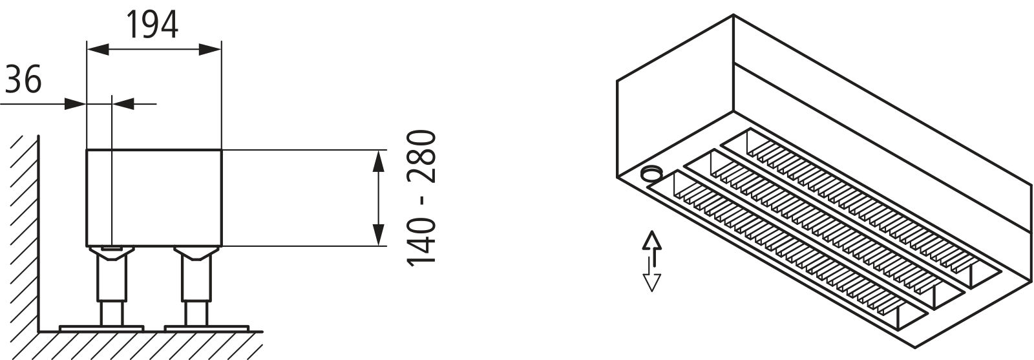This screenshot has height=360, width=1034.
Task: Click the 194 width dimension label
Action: pos(153,25)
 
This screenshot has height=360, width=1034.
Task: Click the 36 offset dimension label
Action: pos(23,79)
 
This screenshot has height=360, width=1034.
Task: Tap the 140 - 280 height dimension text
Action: pos(421,198)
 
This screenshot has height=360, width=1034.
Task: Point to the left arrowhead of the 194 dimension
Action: pos(98,49)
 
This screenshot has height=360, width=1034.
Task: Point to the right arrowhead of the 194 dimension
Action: pos(211,49)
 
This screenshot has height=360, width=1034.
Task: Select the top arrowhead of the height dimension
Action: pos(379,162)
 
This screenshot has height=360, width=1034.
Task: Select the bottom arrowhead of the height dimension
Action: pos(379,235)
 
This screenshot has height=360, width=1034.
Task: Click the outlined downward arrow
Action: pos(652,275)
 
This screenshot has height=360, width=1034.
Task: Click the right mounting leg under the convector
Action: pos(196,286)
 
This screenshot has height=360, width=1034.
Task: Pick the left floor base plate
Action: pos(101,328)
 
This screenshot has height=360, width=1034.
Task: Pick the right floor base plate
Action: pos(207,328)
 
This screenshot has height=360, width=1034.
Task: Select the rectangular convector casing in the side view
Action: pos(154,198)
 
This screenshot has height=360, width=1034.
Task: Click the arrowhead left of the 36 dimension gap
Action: pos(76,104)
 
